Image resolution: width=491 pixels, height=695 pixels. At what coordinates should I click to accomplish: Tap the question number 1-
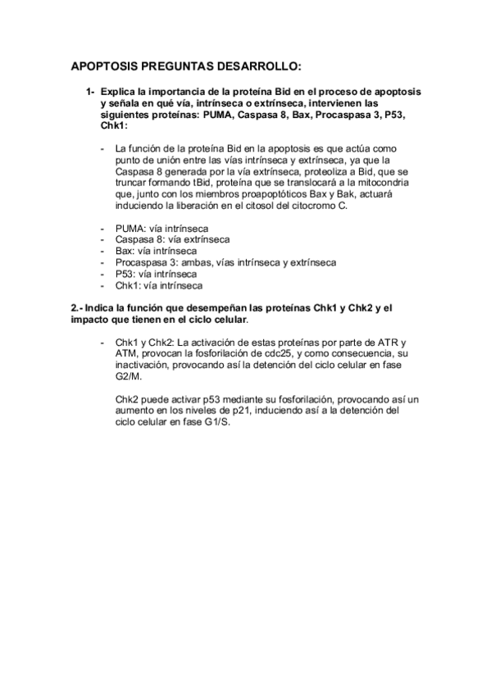[x=92, y=92]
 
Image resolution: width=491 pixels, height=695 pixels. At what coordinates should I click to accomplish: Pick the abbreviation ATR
[x=388, y=342]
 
